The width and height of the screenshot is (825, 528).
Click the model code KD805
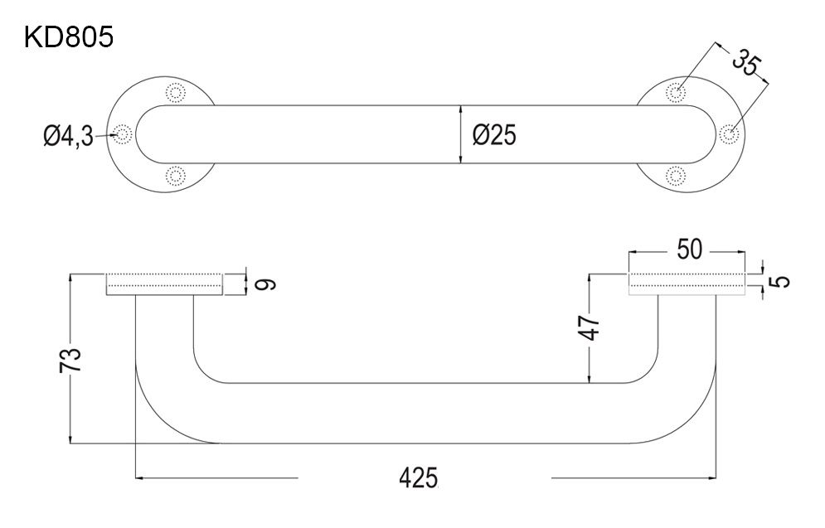tap(68, 37)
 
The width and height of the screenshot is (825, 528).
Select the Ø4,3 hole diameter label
tap(68, 136)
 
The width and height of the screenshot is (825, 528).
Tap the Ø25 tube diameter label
tap(494, 134)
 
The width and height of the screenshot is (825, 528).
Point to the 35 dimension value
tap(745, 61)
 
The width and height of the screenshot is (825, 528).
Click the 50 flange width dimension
tap(689, 249)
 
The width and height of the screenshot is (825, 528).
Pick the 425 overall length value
tap(418, 478)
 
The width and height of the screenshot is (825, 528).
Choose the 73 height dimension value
tap(70, 360)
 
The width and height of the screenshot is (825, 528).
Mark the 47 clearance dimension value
tap(591, 328)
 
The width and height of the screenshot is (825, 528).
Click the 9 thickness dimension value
tap(265, 284)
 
